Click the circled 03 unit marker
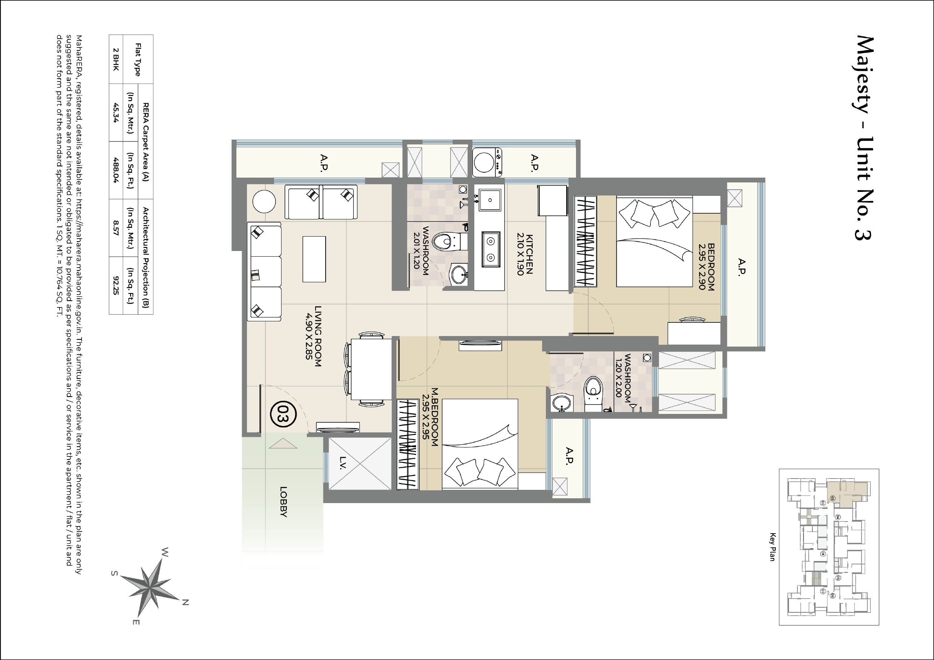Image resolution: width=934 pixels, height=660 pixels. click(283, 414)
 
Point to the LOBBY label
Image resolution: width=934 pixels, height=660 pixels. click(283, 502)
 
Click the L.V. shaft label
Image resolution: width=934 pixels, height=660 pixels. click(343, 463)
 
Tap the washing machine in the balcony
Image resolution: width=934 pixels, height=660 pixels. click(487, 162)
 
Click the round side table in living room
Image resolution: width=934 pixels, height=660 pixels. click(264, 201)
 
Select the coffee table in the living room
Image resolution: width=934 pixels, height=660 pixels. click(314, 259)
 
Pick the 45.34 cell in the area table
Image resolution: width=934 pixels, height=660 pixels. click(116, 113)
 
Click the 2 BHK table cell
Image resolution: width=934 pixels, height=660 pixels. click(116, 59)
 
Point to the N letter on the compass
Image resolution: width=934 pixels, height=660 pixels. click(185, 602)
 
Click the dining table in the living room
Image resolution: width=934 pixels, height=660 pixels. click(371, 369)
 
